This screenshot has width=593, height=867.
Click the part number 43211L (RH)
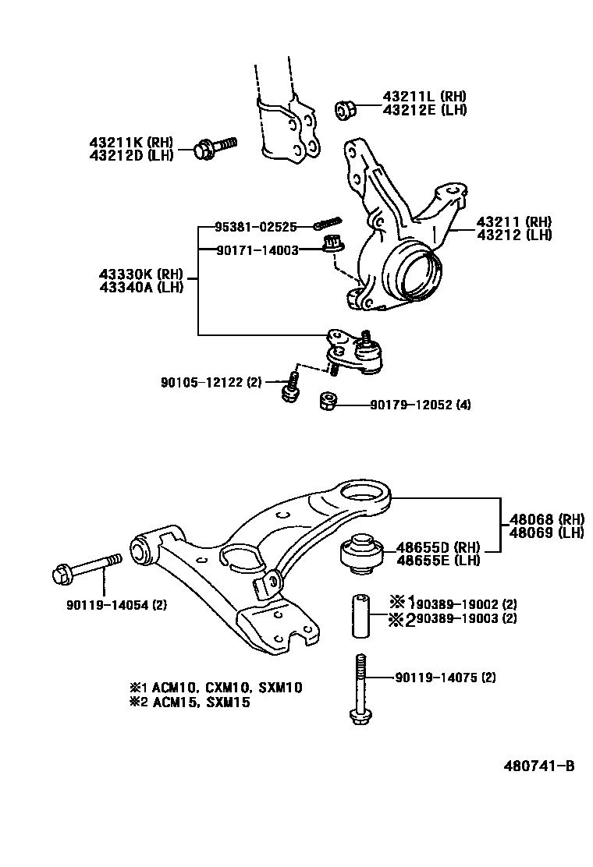tap(424, 97)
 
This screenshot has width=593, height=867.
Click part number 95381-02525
tap(256, 227)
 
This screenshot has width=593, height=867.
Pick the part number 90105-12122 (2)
tap(211, 382)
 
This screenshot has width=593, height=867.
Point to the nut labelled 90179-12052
tap(328, 402)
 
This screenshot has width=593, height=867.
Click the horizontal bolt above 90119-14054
tap(86, 566)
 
